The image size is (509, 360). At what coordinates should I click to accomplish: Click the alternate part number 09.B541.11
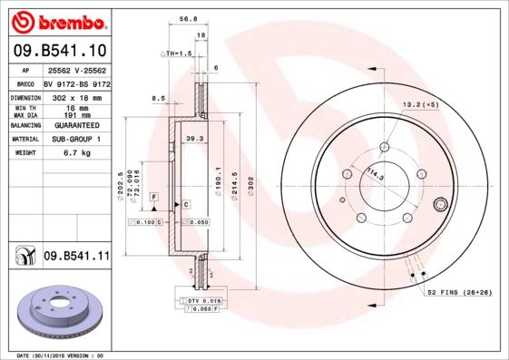(75, 257)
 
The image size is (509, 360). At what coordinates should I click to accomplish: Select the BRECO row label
(27, 82)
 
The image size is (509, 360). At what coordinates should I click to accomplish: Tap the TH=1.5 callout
(178, 54)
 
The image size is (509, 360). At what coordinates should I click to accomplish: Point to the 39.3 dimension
(192, 139)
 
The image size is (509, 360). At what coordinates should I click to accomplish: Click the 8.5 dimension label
(158, 98)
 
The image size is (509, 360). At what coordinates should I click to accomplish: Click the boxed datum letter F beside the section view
(154, 197)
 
